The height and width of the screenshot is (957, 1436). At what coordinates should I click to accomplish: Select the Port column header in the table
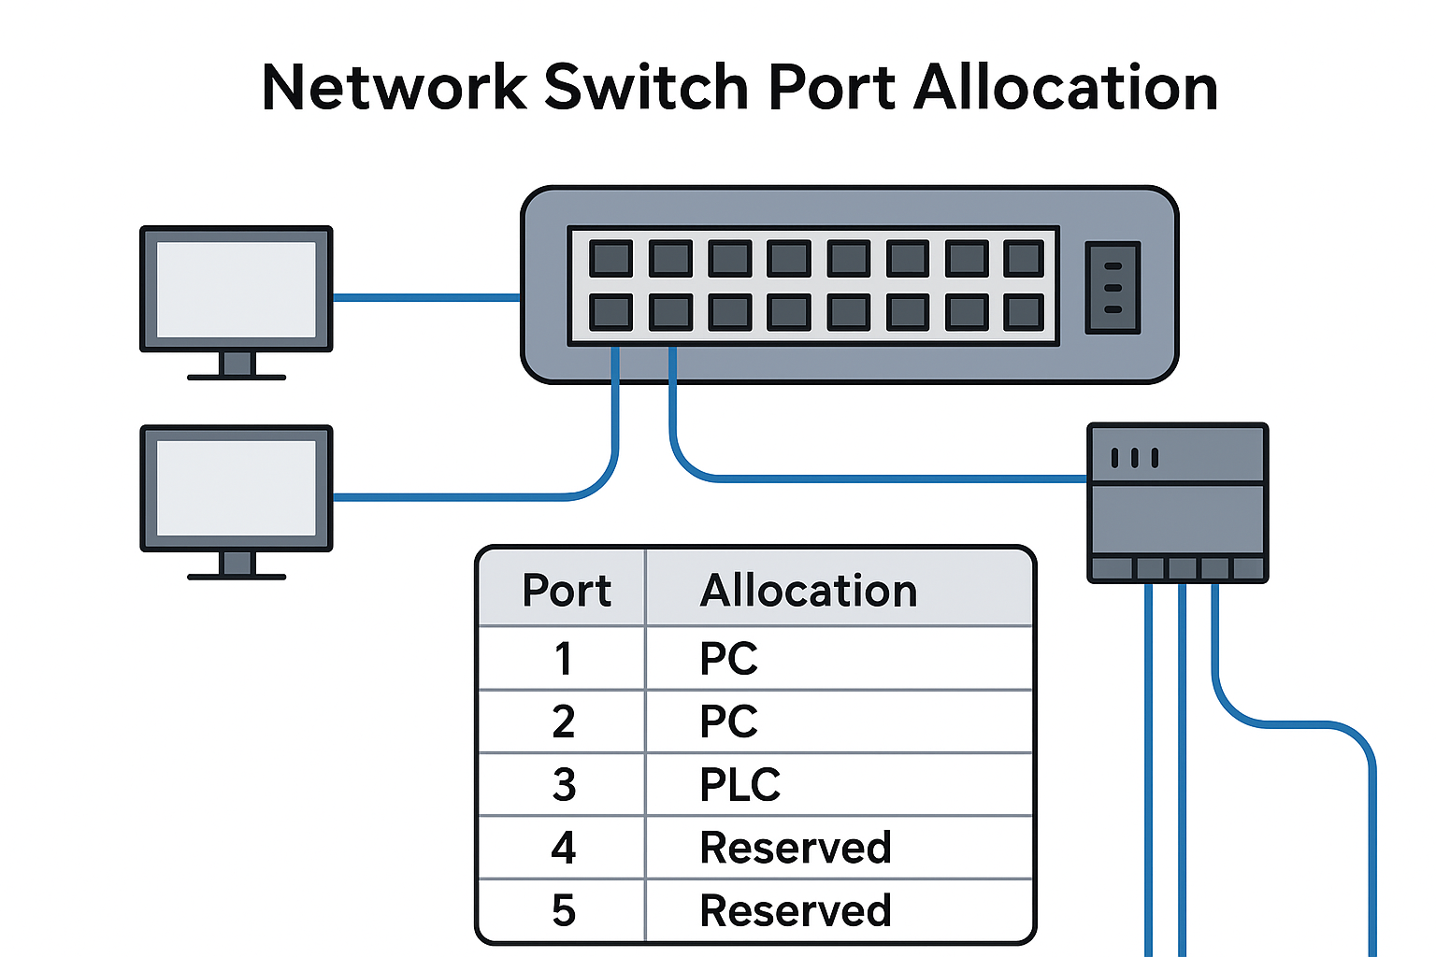(x=566, y=591)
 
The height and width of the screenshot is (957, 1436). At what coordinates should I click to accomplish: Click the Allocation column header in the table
(x=809, y=591)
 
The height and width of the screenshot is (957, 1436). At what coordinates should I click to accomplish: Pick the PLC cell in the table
(x=740, y=785)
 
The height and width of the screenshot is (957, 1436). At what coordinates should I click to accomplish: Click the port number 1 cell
(x=563, y=659)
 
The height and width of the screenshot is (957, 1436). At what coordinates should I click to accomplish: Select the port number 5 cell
(x=563, y=911)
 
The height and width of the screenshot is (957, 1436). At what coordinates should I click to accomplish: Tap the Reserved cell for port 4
(x=796, y=848)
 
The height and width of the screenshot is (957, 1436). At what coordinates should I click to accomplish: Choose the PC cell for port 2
(x=728, y=721)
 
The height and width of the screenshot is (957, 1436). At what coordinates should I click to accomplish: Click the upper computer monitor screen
(x=236, y=289)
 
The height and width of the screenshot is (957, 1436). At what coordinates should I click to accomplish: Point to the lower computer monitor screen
(x=236, y=488)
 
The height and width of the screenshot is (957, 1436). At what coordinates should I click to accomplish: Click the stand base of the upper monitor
(x=236, y=377)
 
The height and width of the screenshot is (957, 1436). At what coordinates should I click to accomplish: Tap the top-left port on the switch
(x=610, y=259)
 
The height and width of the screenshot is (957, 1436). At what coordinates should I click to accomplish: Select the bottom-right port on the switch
(x=1024, y=313)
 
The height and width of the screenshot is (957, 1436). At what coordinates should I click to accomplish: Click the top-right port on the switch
(x=1024, y=259)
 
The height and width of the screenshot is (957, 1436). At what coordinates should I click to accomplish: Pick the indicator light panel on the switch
(x=1113, y=288)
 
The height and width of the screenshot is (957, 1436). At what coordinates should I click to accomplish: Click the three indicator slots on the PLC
(x=1134, y=458)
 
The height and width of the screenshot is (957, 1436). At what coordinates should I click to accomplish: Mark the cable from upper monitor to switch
(x=426, y=298)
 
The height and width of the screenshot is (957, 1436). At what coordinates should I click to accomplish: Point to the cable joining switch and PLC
(x=879, y=478)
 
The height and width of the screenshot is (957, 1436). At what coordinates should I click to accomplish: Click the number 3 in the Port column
(x=563, y=785)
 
